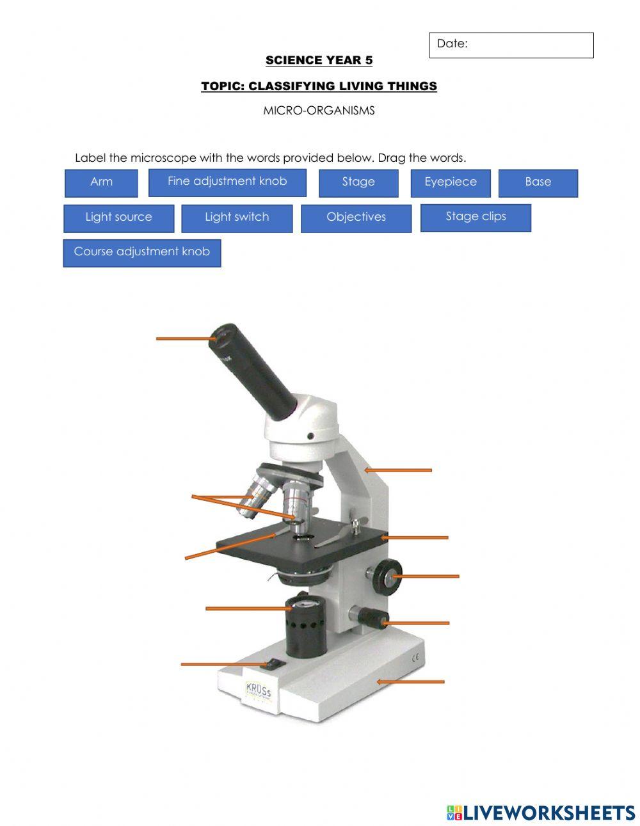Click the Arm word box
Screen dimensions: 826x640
pyautogui.click(x=101, y=182)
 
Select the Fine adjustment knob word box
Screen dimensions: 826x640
pyautogui.click(x=227, y=182)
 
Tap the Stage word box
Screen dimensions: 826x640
pyautogui.click(x=358, y=182)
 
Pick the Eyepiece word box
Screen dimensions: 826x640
pyautogui.click(x=451, y=182)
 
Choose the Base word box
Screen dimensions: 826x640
pyautogui.click(x=538, y=182)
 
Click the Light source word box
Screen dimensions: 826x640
pyautogui.click(x=118, y=218)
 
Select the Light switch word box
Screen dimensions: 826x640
pyautogui.click(x=237, y=218)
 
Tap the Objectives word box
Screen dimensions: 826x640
pyautogui.click(x=356, y=218)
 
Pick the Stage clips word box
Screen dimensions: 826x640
pyautogui.click(x=476, y=217)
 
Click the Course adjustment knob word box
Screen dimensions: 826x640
pyautogui.click(x=141, y=252)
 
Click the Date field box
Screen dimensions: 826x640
pyautogui.click(x=511, y=45)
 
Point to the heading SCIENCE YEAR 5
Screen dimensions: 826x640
pyautogui.click(x=319, y=61)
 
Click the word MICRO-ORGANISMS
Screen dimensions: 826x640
pyautogui.click(x=319, y=111)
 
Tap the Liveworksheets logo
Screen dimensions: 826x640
pyautogui.click(x=541, y=813)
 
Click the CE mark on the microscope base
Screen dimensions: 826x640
pyautogui.click(x=415, y=656)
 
